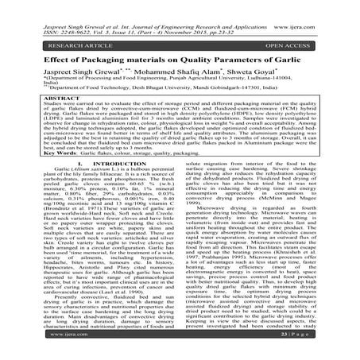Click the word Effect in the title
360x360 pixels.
coord(38,57)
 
